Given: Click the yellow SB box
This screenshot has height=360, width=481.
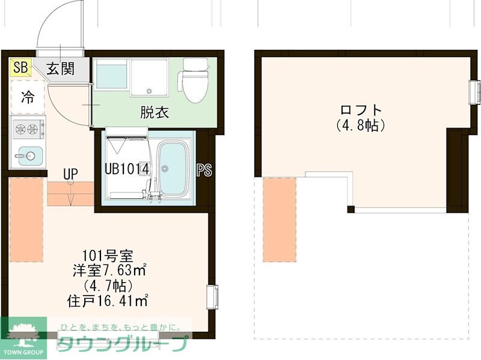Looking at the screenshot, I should (x=20, y=67).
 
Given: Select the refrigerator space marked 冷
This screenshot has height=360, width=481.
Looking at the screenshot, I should (x=28, y=97).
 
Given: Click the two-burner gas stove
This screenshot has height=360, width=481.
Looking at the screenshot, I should (x=28, y=128).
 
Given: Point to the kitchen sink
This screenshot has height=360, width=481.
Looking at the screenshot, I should (x=28, y=156).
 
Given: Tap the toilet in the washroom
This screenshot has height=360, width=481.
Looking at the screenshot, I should (x=194, y=81).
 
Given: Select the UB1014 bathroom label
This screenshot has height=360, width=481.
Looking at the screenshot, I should (x=127, y=169).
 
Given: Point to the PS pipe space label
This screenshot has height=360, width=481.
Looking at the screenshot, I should (x=204, y=170).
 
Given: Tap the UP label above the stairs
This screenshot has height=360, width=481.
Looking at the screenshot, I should (x=71, y=174).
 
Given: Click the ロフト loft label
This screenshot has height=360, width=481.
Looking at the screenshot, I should (x=361, y=111).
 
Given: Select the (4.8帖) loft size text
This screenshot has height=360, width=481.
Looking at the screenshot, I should (x=361, y=126).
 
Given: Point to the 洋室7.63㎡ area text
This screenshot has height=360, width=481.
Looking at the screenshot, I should (x=108, y=270).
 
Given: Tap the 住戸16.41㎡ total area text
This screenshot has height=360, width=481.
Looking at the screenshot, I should (x=108, y=299).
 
